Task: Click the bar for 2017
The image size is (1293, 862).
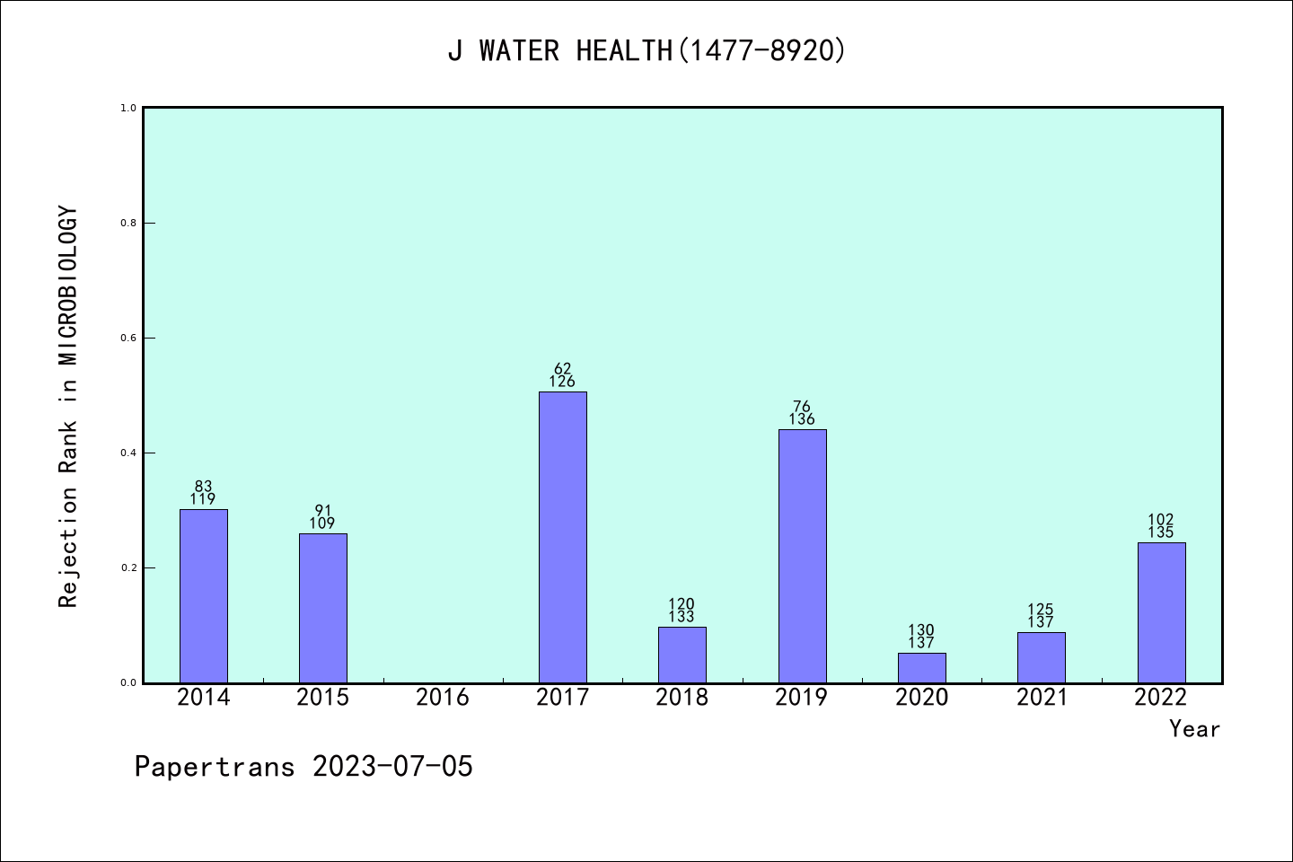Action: click(562, 537)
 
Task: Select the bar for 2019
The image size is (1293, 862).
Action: click(802, 556)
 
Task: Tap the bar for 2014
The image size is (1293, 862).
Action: click(203, 595)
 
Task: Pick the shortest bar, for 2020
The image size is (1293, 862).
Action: click(921, 667)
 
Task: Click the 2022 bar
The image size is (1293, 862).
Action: click(1161, 612)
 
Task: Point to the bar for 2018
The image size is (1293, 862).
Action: click(682, 655)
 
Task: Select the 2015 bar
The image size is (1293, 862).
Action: click(322, 608)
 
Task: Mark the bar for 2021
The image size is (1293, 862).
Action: click(1041, 657)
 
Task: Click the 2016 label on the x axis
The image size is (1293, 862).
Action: click(443, 698)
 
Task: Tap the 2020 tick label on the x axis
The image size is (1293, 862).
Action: click(921, 698)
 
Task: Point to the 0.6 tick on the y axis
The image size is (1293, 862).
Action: click(128, 339)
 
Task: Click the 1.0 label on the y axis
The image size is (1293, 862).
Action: click(128, 109)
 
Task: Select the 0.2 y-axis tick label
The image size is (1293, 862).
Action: click(128, 568)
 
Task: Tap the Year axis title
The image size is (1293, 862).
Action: click(1194, 729)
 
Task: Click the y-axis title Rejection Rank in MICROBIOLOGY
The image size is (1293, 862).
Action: click(69, 406)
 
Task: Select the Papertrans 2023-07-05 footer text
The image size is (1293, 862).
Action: click(303, 767)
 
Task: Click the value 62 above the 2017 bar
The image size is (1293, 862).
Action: click(562, 368)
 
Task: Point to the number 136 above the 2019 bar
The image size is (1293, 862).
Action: click(802, 419)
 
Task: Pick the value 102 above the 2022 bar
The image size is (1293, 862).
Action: click(1161, 520)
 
